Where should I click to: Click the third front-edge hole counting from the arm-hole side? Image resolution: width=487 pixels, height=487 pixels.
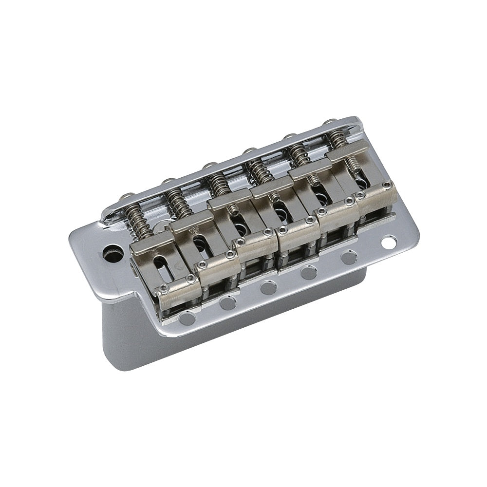(266, 288)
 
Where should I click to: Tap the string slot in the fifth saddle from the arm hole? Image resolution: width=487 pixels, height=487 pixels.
(319, 199)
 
